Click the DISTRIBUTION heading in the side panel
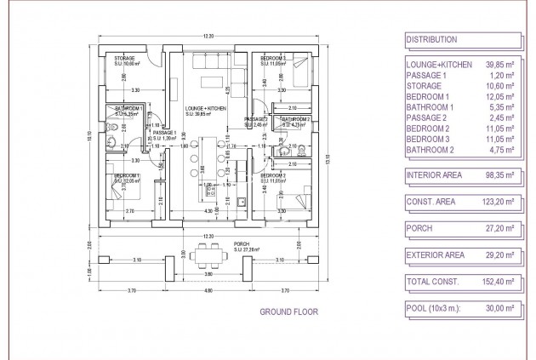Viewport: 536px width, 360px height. point(431,39)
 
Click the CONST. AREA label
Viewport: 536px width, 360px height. point(431,203)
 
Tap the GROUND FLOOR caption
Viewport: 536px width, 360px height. point(288,312)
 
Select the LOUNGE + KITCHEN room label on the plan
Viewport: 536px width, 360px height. point(204,109)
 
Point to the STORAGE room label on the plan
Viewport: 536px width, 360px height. point(125,58)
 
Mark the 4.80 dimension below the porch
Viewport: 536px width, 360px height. point(208,291)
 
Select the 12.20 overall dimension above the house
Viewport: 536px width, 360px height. point(208,35)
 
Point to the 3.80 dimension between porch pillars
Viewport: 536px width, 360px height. point(208,274)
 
